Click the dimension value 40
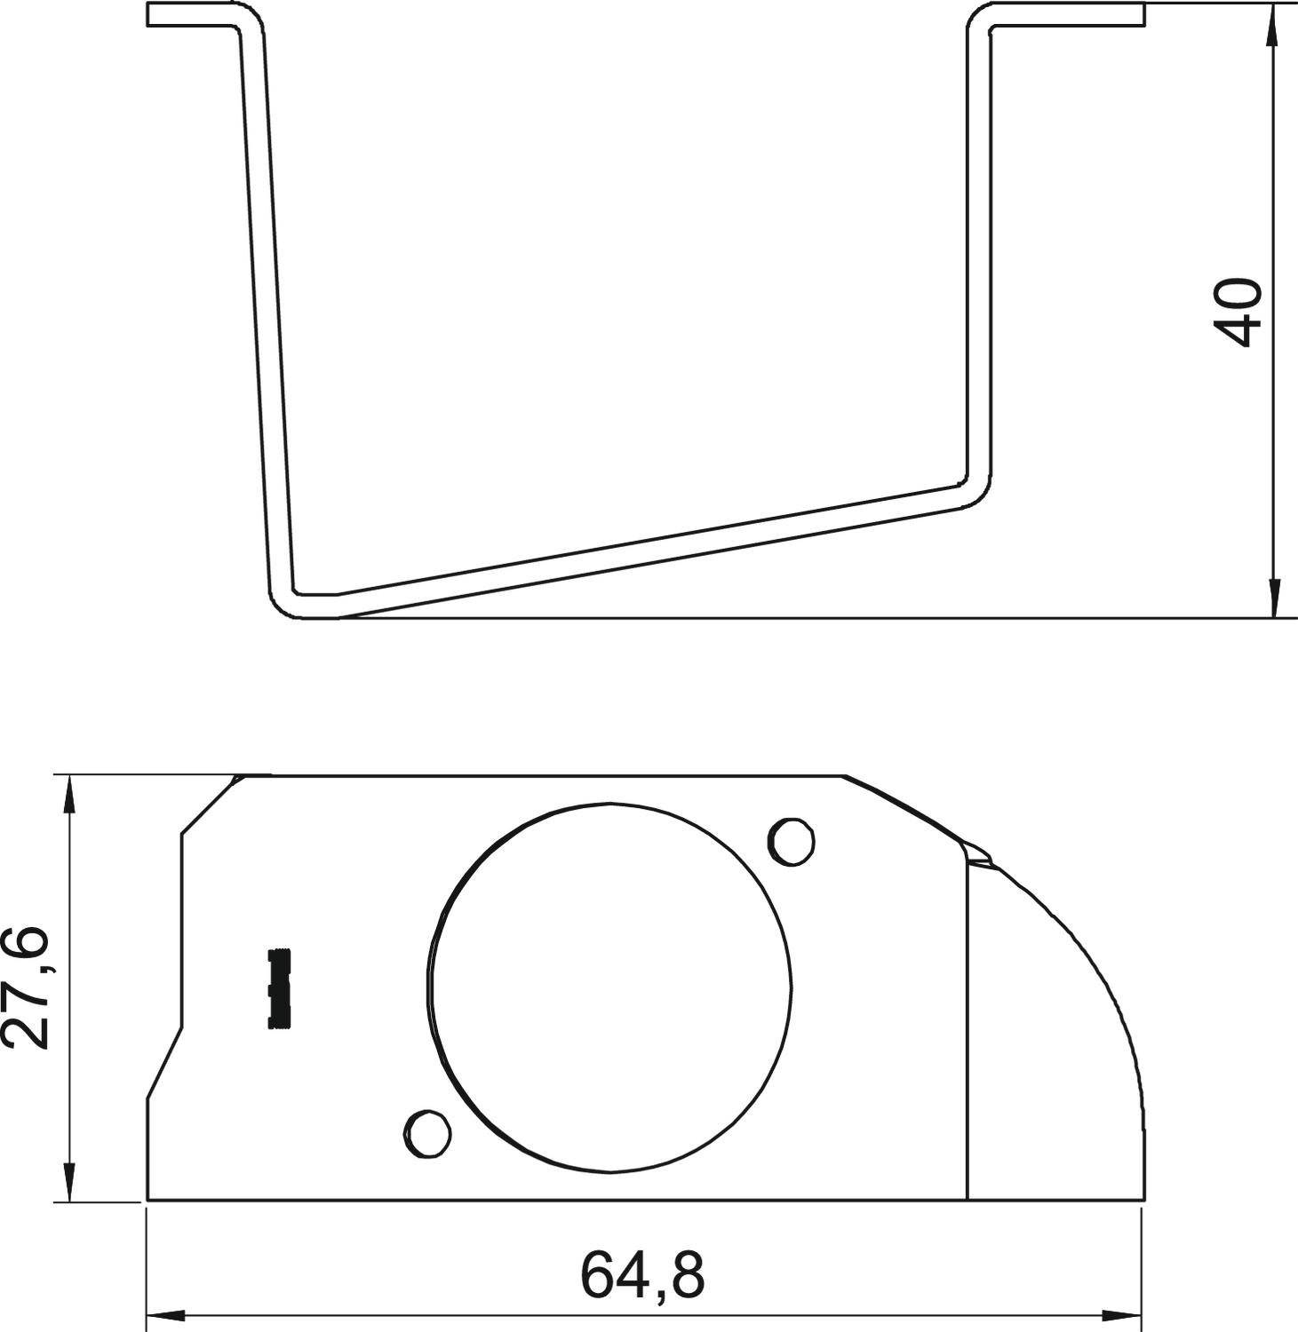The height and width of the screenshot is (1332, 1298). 1238,312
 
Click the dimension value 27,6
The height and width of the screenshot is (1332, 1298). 25,987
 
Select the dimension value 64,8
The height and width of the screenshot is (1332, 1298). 642,1275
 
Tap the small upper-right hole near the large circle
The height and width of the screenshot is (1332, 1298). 791,840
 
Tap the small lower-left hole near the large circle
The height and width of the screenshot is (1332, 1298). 427,1133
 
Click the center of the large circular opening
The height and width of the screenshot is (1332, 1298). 610,987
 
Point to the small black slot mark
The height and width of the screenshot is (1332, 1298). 280,988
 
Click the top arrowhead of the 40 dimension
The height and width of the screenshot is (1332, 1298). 1274,22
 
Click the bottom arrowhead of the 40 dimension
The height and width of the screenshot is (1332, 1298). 1274,599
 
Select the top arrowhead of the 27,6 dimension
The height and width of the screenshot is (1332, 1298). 68,793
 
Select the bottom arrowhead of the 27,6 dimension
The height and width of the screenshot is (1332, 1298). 68,1185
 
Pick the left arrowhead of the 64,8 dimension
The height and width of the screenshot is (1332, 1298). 164,1313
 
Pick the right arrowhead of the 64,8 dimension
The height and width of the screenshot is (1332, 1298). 1124,1313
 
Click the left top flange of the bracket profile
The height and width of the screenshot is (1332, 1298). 191,15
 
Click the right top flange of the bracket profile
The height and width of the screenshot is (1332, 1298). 1066,15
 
